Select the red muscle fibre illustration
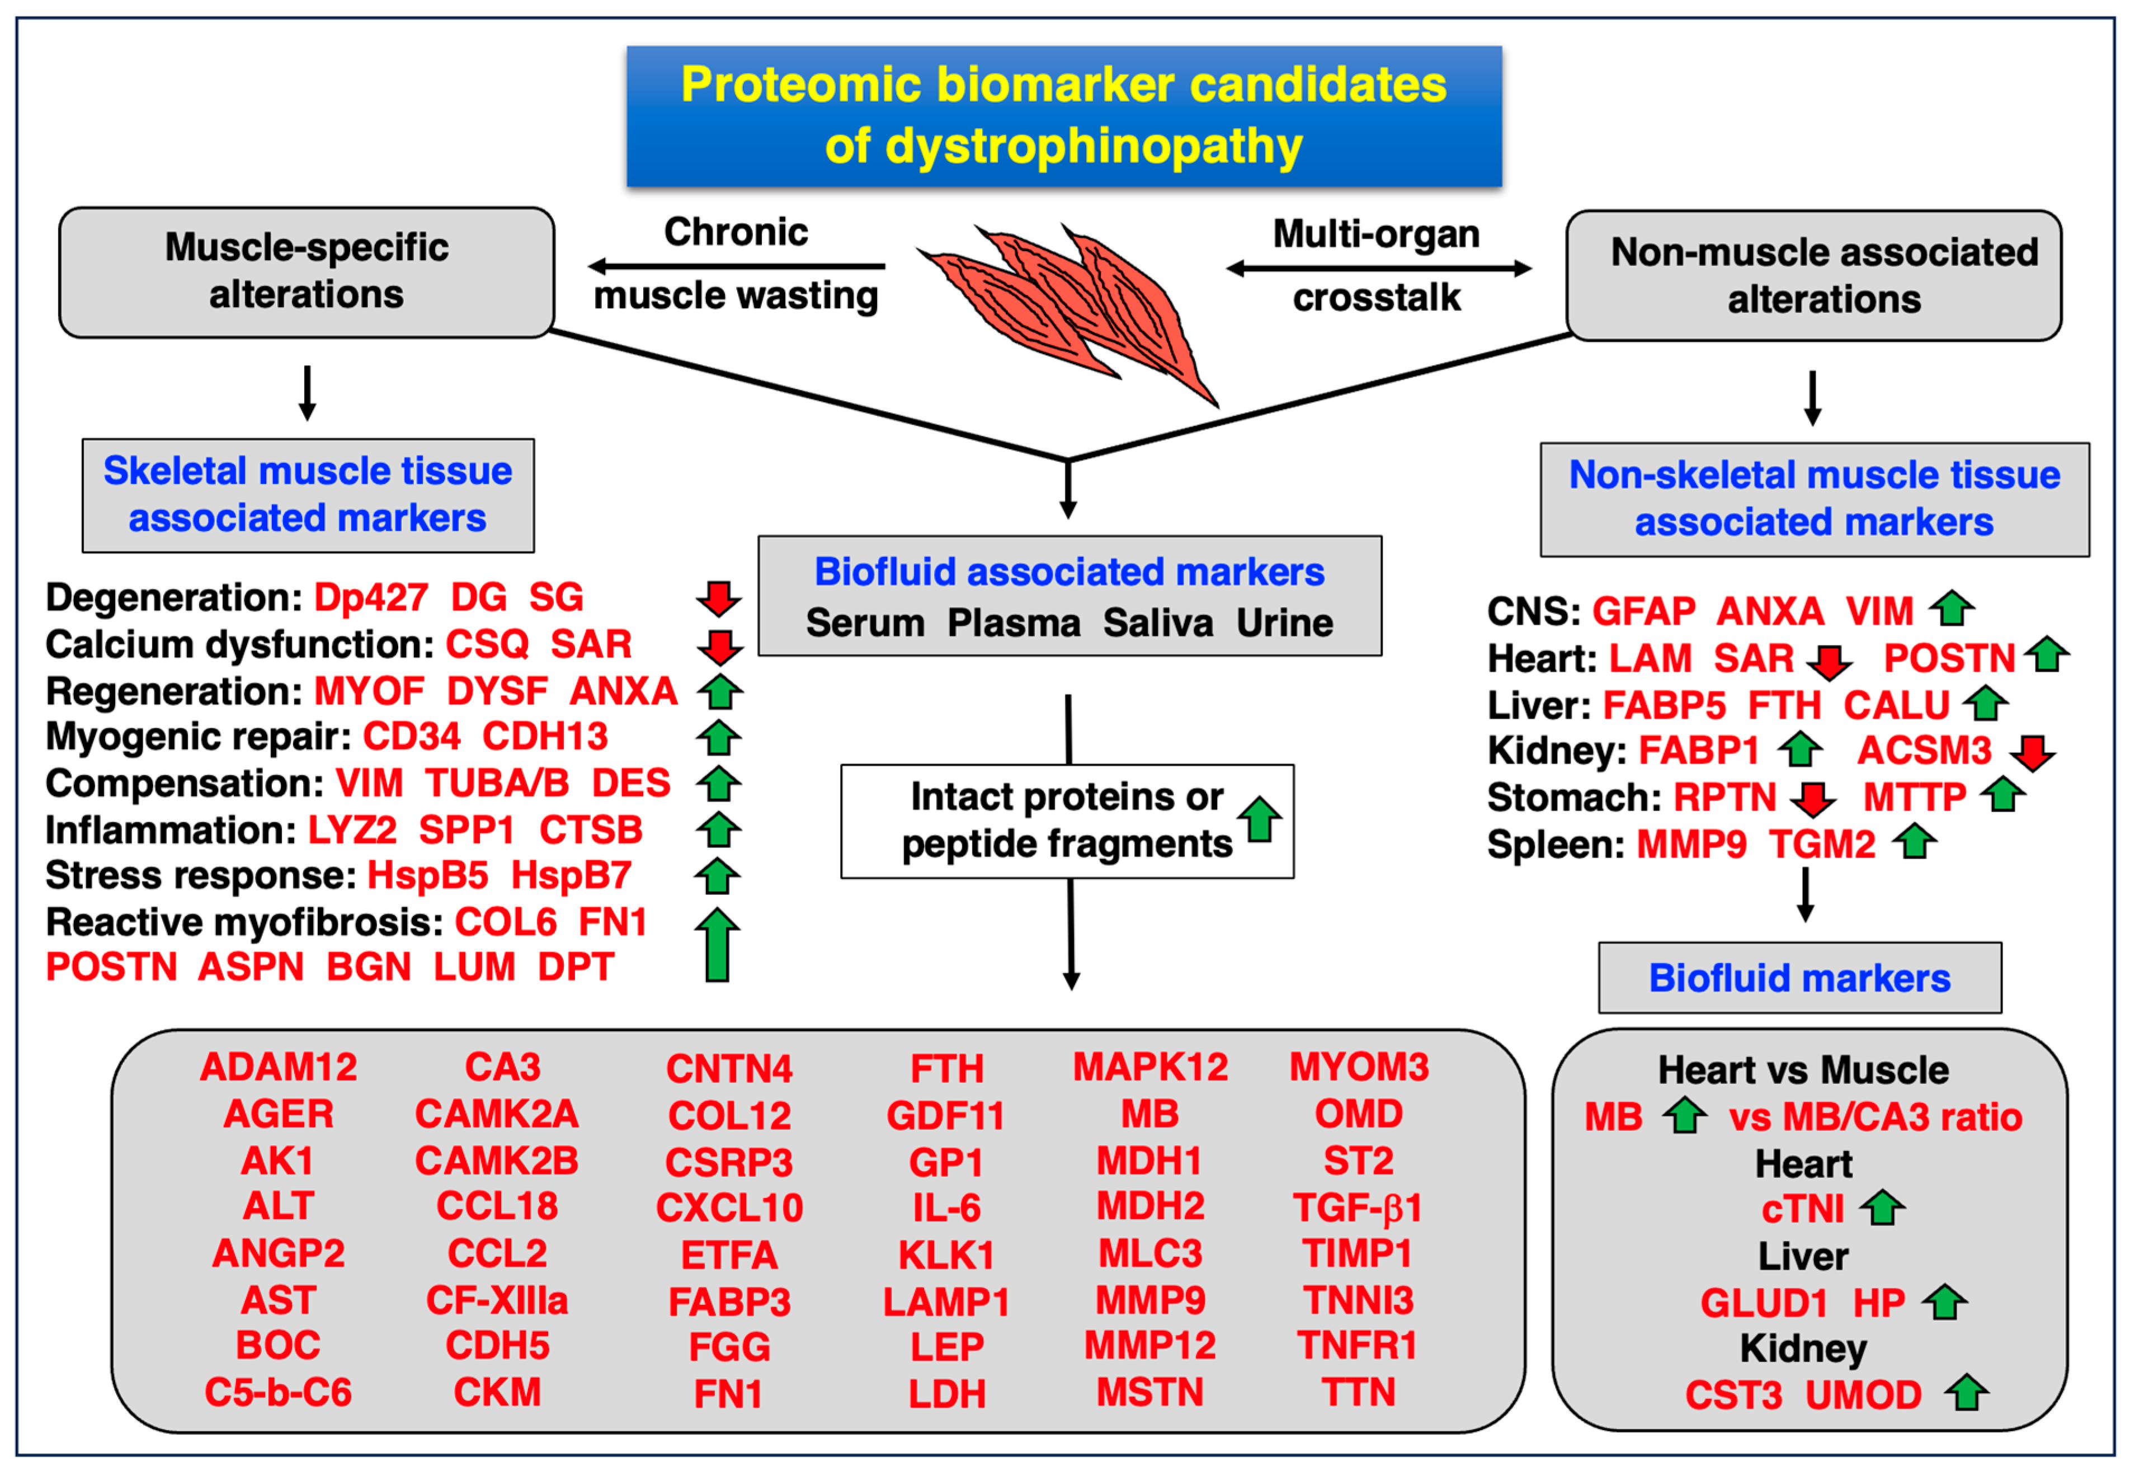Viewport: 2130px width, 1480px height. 1066,306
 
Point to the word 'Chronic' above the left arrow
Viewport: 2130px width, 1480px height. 736,232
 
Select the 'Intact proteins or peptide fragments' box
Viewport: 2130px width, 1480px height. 1066,821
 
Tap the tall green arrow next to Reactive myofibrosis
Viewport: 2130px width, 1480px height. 717,944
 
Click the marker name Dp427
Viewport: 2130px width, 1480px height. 371,597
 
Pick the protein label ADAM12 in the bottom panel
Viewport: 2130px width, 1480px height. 278,1067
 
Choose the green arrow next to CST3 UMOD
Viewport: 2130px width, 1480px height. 1966,1393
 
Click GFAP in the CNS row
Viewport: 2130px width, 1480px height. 1643,611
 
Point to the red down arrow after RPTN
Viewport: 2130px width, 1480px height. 1812,798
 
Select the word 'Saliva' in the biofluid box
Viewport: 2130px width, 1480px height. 1157,623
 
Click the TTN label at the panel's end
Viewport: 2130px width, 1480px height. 1358,1393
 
